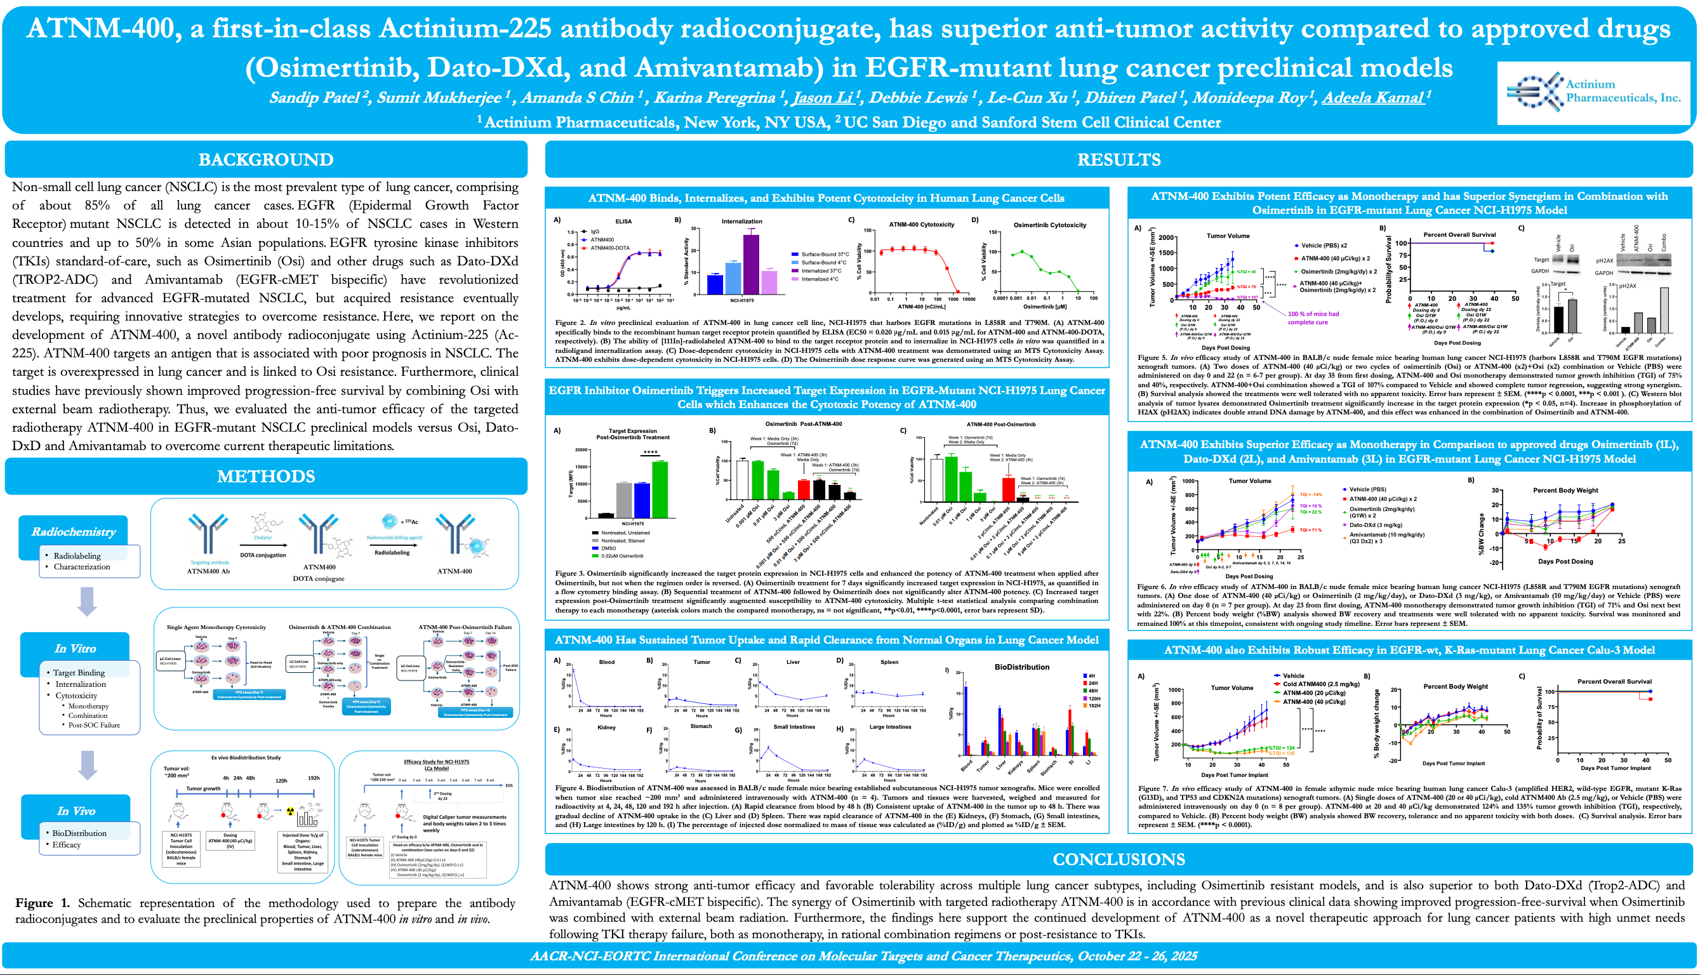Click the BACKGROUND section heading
[x=266, y=159]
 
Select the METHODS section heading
[x=266, y=476]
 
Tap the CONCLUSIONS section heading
[x=1118, y=859]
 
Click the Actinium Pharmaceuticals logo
[x=1592, y=93]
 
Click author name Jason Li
[x=822, y=98]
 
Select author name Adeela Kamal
[x=1372, y=98]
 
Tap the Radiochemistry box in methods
[x=74, y=532]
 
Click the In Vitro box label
[x=75, y=648]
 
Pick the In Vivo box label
[x=76, y=811]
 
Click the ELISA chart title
[x=623, y=221]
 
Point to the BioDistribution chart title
[x=1022, y=667]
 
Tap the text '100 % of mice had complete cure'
[x=1313, y=318]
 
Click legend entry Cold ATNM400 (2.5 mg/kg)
[x=1320, y=684]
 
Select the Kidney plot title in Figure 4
[x=606, y=727]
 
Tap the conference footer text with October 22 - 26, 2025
[x=863, y=955]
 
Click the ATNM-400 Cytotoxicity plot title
[x=921, y=224]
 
